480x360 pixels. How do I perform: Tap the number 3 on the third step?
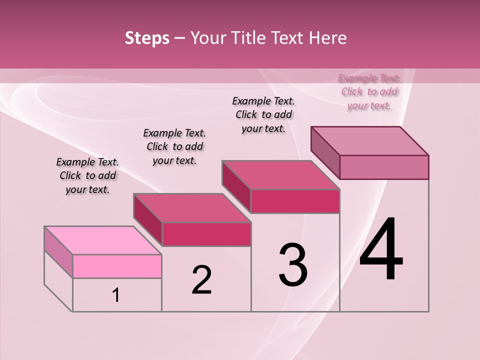(x=293, y=264)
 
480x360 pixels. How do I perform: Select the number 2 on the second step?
(x=202, y=279)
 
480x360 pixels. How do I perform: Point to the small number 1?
(x=116, y=295)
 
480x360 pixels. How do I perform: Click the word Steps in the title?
(x=147, y=38)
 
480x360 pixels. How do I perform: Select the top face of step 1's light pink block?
(x=102, y=240)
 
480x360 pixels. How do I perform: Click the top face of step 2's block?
(x=191, y=208)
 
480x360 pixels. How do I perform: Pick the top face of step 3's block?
(x=280, y=175)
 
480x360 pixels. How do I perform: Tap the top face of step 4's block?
(x=369, y=141)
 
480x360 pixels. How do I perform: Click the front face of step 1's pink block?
(x=117, y=266)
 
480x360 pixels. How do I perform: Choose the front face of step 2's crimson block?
(x=206, y=234)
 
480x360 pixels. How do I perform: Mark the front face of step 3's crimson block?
(x=295, y=201)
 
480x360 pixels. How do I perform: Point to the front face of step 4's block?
(x=384, y=167)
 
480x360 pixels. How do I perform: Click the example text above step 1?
(x=87, y=176)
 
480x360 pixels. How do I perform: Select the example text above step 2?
(x=174, y=147)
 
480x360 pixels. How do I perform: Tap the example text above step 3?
(x=263, y=115)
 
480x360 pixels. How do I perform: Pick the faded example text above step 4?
(x=369, y=92)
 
